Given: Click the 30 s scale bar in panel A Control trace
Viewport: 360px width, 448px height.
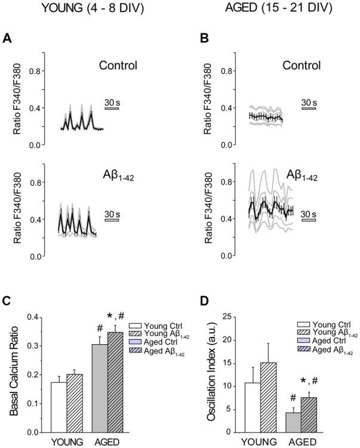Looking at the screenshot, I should click(x=112, y=109).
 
